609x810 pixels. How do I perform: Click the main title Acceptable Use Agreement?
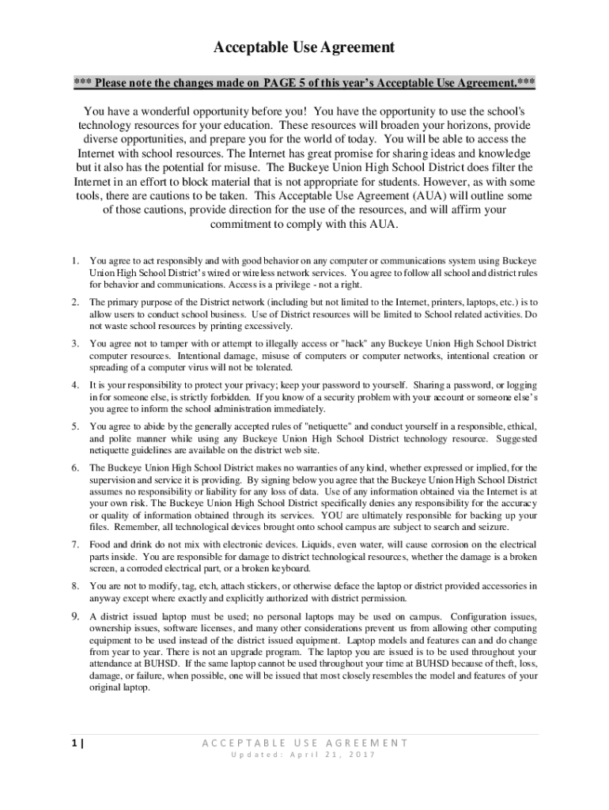pyautogui.click(x=304, y=48)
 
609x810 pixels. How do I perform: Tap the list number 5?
pyautogui.click(x=74, y=426)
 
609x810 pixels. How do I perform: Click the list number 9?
pyautogui.click(x=74, y=616)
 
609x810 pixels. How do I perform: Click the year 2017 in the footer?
pyautogui.click(x=361, y=755)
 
